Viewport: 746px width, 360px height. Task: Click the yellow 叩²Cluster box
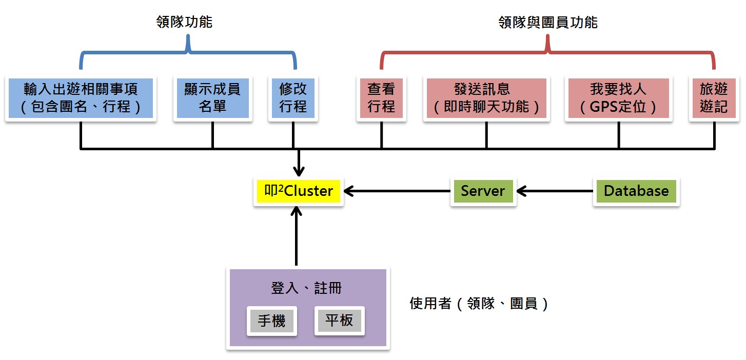[x=298, y=191]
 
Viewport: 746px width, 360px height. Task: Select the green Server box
[x=483, y=191]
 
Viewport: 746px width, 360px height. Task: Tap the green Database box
[x=636, y=191]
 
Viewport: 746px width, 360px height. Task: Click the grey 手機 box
[x=272, y=321]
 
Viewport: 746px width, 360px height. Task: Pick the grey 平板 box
[x=339, y=321]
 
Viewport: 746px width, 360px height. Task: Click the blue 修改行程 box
[x=293, y=98]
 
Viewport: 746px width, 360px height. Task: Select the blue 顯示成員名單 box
[x=212, y=98]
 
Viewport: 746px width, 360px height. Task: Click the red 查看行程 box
[x=381, y=98]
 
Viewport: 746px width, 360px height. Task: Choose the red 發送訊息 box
[x=486, y=98]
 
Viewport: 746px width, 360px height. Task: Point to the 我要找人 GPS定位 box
[x=618, y=98]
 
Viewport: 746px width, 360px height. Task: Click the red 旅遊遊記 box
[x=714, y=98]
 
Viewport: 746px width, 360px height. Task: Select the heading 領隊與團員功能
[x=548, y=23]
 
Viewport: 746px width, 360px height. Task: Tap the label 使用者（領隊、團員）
[x=480, y=304]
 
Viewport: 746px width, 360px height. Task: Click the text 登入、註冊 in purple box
[x=306, y=288]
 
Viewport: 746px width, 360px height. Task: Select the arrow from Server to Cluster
[x=398, y=191]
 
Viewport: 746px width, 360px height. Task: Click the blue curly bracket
[x=188, y=51]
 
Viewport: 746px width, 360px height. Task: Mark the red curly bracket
[x=547, y=51]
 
